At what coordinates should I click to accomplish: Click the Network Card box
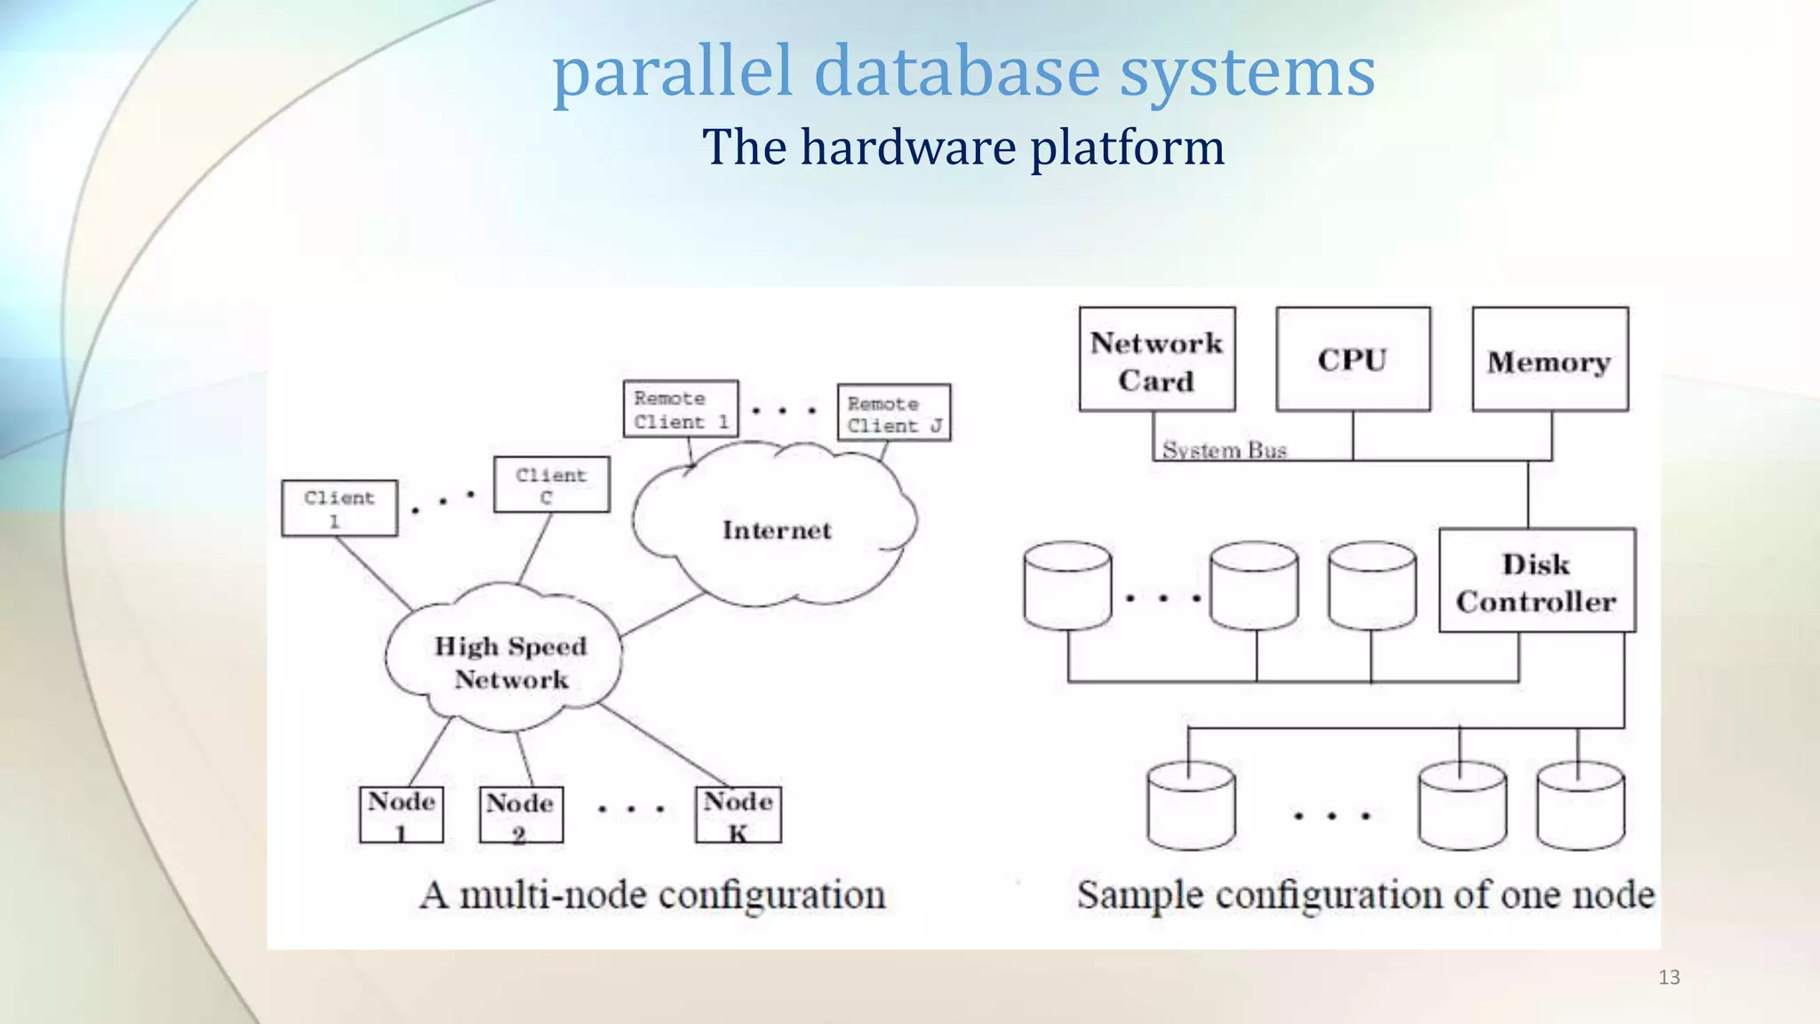pos(1156,360)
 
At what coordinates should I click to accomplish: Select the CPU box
pos(1353,360)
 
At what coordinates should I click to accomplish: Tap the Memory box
pos(1550,360)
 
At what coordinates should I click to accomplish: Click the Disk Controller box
pos(1537,581)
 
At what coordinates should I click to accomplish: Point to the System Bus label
pos(1225,450)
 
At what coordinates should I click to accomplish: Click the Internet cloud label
pos(777,531)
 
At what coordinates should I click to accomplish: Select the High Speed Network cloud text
pos(510,662)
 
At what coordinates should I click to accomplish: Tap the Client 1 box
pos(339,508)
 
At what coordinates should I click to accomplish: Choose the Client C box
pos(551,485)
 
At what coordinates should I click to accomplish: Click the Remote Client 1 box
pos(681,410)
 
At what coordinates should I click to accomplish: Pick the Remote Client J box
pos(893,413)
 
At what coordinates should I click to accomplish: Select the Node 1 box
pos(401,814)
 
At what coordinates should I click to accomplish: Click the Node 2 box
pos(521,815)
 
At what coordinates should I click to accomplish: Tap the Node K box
pos(738,814)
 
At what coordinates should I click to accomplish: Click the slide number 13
pos(1669,978)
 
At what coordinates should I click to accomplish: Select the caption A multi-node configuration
pos(653,895)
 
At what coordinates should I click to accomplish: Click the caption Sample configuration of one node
pos(1365,895)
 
